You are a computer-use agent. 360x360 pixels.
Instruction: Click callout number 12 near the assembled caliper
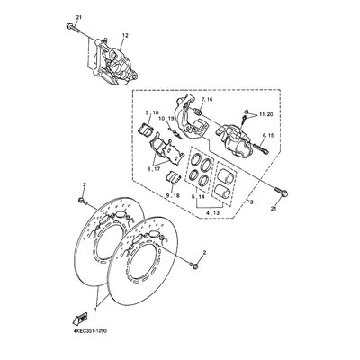coord(125,35)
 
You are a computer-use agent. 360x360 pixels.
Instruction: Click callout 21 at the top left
coord(78,18)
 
